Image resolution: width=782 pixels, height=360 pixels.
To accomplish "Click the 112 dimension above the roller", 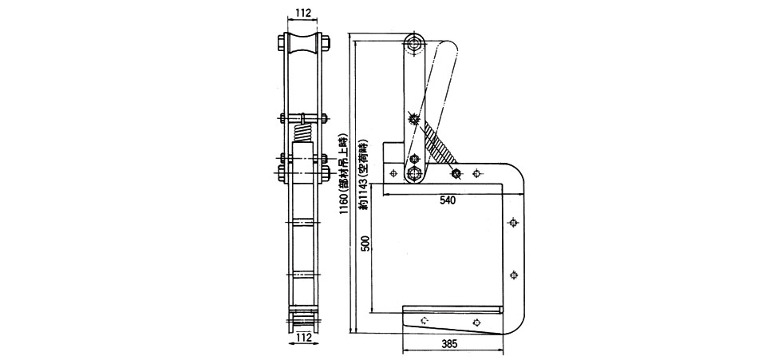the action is click(x=302, y=13).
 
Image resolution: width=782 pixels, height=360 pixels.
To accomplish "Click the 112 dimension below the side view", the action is click(x=302, y=338).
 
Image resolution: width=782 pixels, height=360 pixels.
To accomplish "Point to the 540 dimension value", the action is click(x=448, y=200).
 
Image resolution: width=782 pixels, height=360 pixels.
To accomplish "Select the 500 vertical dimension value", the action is click(x=366, y=245).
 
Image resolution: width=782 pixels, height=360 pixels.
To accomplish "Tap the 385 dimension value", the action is click(x=448, y=344).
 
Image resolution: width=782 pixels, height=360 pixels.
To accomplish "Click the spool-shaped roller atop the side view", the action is click(x=302, y=47).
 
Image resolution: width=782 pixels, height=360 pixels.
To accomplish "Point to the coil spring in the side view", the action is click(x=302, y=132).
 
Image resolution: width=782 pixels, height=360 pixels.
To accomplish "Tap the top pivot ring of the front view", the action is click(x=413, y=45).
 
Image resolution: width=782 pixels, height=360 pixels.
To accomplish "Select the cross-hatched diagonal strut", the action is click(x=438, y=142).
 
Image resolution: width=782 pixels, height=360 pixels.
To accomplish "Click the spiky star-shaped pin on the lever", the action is click(x=413, y=119).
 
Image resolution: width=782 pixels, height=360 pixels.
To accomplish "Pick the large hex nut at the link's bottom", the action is click(x=413, y=174).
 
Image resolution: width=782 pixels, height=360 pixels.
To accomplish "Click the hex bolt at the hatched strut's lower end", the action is click(x=456, y=173).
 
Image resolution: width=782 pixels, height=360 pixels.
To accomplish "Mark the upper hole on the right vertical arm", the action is click(x=513, y=223).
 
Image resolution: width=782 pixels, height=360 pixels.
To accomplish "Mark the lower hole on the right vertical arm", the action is click(x=514, y=275).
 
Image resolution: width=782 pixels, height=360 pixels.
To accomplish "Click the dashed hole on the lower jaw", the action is click(x=425, y=321).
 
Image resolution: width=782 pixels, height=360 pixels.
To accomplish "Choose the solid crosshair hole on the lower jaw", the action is click(x=476, y=322).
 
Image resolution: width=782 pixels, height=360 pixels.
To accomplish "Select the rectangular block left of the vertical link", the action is click(x=394, y=152).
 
